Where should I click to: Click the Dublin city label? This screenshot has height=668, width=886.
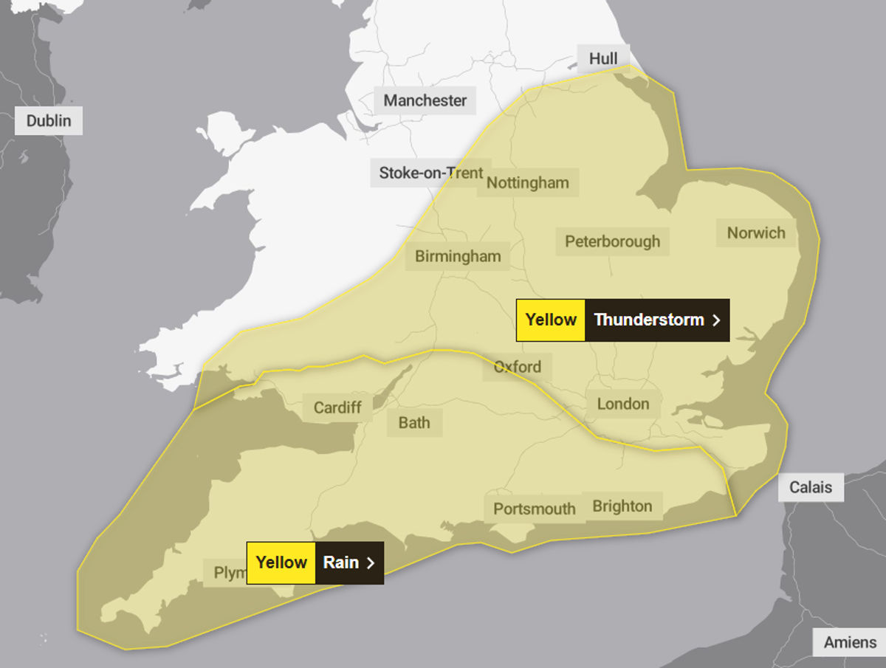click(x=49, y=120)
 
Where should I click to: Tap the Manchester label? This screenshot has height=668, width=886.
click(x=425, y=100)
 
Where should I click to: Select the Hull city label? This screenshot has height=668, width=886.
click(x=603, y=58)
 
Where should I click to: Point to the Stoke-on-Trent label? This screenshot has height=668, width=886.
click(x=430, y=173)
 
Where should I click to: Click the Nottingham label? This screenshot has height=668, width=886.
click(x=528, y=182)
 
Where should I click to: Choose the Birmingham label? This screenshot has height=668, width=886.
click(x=458, y=256)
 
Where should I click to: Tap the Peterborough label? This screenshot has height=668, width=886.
click(x=612, y=241)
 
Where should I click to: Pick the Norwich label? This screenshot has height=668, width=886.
click(x=756, y=233)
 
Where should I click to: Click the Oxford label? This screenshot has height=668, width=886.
click(x=517, y=366)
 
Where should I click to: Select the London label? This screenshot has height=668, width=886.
click(x=623, y=404)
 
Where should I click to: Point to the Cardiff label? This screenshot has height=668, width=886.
click(x=337, y=407)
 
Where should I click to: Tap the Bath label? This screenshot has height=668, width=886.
click(x=414, y=423)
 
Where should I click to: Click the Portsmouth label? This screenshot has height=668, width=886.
click(x=534, y=509)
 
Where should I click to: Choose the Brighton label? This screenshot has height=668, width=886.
click(x=622, y=506)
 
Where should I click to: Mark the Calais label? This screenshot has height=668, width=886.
click(x=811, y=487)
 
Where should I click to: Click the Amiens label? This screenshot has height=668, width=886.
click(x=850, y=642)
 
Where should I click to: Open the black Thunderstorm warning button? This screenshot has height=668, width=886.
click(x=656, y=320)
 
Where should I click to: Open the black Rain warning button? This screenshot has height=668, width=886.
click(x=349, y=562)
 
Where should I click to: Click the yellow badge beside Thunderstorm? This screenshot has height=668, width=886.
click(x=551, y=320)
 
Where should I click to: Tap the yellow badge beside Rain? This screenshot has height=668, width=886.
click(x=281, y=562)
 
